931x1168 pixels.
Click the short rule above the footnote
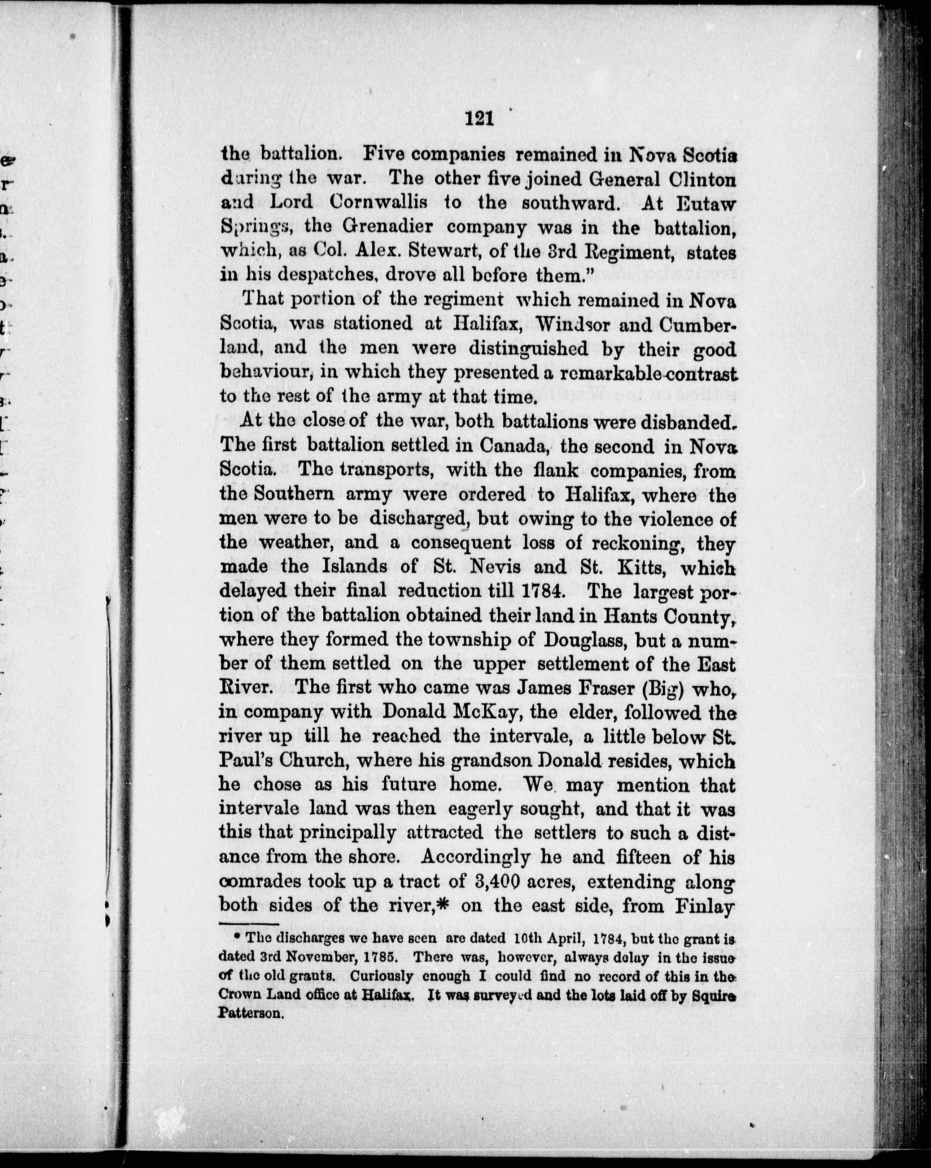tap(248, 923)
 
